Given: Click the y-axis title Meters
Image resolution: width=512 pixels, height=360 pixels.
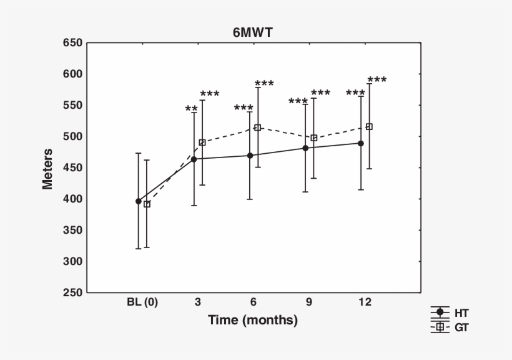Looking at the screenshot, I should (47, 168).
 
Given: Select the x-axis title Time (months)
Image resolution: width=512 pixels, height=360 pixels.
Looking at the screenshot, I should (253, 321).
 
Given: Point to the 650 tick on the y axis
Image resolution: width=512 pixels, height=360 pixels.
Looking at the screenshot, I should (72, 43).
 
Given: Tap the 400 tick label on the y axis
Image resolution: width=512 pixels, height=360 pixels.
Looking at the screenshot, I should (72, 199).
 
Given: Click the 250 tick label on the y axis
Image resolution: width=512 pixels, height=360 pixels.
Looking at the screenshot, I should (72, 293).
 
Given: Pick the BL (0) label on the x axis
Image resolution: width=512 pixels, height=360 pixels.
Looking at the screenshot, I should (142, 302).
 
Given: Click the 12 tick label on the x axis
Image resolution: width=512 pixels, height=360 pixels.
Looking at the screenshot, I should (365, 302).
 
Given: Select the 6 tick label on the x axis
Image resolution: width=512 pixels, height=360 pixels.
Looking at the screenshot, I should (254, 302).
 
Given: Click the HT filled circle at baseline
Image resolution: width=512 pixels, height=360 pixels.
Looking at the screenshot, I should (139, 201).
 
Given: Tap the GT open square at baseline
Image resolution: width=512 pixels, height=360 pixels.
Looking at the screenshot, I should (147, 204).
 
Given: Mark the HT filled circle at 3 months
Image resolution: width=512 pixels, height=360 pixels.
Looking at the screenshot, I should (194, 159).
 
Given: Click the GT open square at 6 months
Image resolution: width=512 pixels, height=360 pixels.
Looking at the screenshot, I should (257, 127).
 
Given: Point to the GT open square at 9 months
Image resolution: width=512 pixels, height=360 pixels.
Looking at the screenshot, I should (313, 137).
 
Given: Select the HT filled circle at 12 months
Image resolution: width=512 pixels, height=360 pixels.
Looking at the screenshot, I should (361, 143).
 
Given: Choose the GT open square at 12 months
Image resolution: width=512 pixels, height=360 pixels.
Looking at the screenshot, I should (369, 127).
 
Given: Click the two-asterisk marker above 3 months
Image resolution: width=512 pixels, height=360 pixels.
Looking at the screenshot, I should (192, 109).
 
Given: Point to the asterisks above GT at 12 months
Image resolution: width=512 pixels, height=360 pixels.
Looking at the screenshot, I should (377, 80).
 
